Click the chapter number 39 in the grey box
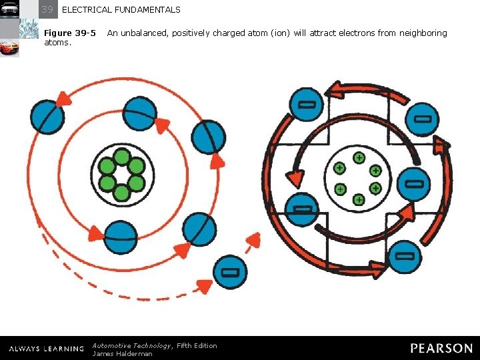[47, 9]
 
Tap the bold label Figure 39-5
[70, 33]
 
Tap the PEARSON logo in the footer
[441, 348]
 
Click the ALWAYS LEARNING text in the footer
[47, 349]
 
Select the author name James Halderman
[123, 353]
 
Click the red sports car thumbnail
[9, 49]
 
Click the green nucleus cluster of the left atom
[121, 175]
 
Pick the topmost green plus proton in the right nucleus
[359, 158]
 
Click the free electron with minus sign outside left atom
[229, 273]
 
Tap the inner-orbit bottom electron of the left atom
[121, 237]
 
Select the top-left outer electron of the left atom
[47, 117]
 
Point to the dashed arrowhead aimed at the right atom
[253, 241]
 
